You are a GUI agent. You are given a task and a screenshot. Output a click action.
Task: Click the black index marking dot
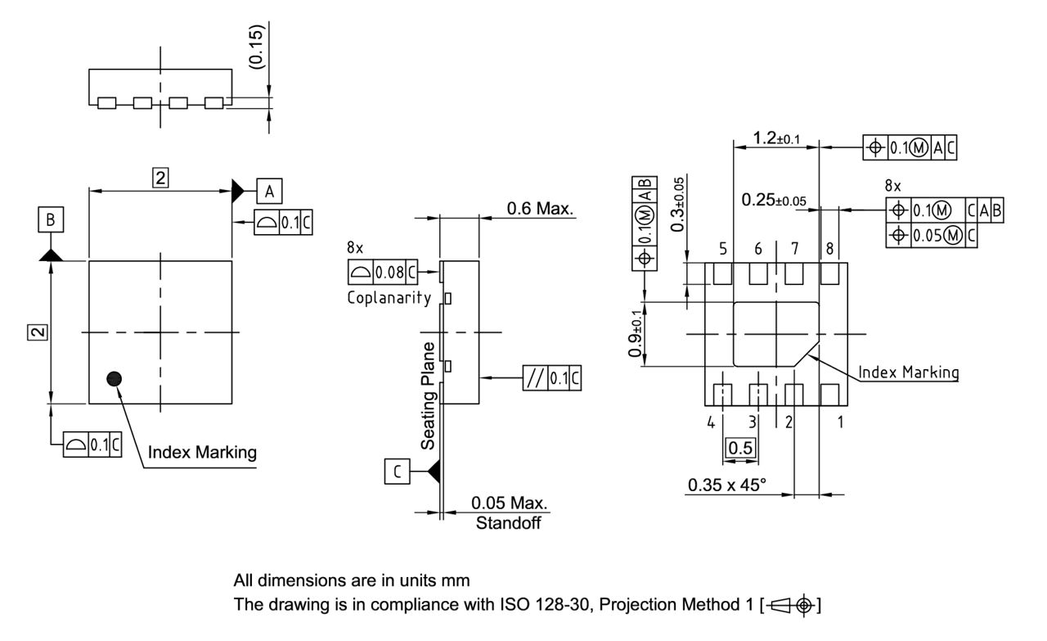[115, 377]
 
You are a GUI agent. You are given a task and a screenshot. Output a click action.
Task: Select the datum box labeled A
[270, 192]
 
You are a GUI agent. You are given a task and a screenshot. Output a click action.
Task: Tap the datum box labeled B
[50, 220]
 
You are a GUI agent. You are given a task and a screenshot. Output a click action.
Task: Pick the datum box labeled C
[397, 472]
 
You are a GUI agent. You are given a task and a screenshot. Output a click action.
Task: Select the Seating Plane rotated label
[428, 395]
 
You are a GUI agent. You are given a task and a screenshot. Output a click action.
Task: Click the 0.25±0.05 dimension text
[774, 200]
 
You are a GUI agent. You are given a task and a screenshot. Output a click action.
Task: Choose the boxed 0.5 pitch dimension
[739, 448]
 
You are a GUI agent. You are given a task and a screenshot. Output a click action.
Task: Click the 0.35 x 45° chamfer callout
[726, 485]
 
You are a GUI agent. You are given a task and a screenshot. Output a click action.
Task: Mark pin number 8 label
[829, 248]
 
